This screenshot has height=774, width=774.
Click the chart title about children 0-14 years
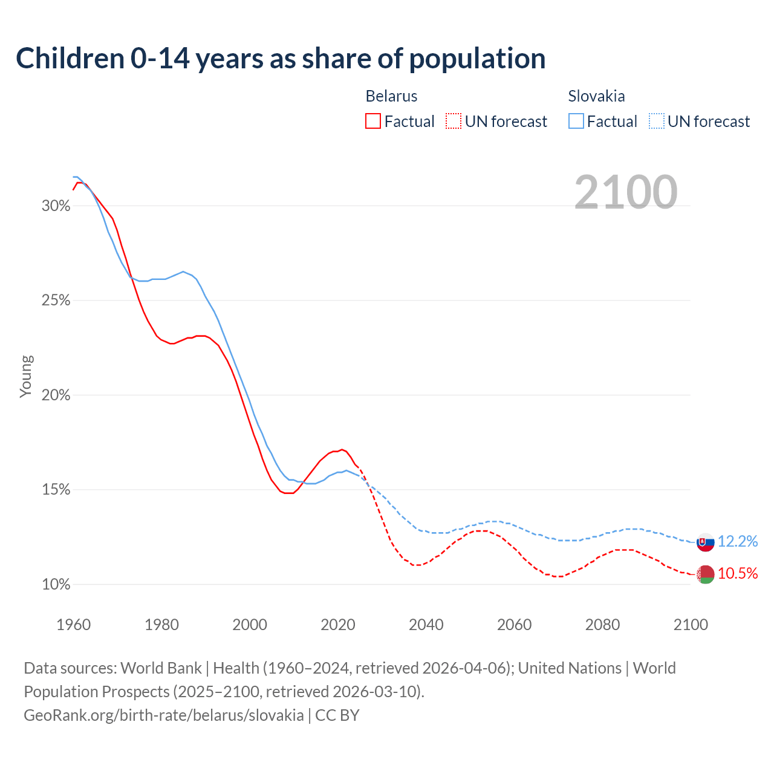(x=281, y=59)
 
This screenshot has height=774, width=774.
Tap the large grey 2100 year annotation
(x=626, y=192)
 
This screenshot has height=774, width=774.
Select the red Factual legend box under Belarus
(x=373, y=122)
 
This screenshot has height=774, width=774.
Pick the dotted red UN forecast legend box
(x=453, y=122)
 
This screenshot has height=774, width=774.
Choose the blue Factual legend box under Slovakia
(x=576, y=122)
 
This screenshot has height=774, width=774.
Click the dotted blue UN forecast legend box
(x=656, y=122)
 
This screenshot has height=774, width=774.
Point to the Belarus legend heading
(x=391, y=96)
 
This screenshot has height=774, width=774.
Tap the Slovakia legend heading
(x=596, y=96)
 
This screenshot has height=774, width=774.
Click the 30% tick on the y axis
(x=56, y=206)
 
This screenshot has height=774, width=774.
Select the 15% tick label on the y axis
(x=56, y=490)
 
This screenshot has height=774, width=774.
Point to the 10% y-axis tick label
(x=56, y=585)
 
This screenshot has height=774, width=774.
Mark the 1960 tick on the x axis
(x=73, y=625)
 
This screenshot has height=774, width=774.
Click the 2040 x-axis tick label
(x=426, y=625)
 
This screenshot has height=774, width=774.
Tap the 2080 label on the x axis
(x=602, y=625)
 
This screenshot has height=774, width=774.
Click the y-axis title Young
(x=26, y=376)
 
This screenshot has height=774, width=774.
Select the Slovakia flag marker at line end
(x=706, y=542)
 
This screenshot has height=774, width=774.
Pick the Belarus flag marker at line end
(x=706, y=574)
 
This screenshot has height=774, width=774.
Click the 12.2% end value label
(x=738, y=542)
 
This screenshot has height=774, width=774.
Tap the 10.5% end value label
(x=738, y=574)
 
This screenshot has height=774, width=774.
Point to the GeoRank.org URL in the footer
(x=164, y=715)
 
